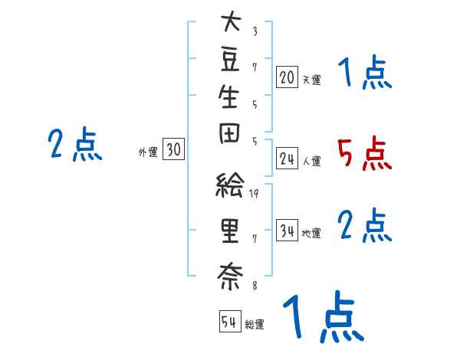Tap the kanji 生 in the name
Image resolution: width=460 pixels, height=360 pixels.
pos(229,100)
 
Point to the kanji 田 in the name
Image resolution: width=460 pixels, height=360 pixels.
pos(229,142)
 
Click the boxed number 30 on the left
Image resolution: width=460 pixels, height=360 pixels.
pos(173,150)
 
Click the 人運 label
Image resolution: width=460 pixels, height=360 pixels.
pos(311,162)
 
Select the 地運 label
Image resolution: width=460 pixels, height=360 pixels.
pos(311,234)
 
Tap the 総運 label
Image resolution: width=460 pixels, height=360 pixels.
pos(255,325)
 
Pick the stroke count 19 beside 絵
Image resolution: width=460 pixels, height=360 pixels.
pos(255,194)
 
